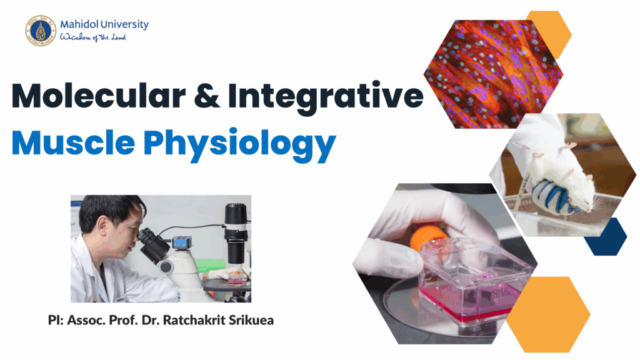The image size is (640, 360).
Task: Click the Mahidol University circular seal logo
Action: click(x=41, y=31)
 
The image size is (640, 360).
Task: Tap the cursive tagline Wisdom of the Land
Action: click(x=93, y=37)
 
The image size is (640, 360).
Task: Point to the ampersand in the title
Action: click(x=207, y=96)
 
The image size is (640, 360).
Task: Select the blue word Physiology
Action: click(x=239, y=145)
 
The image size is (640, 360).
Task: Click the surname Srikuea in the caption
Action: click(x=251, y=320)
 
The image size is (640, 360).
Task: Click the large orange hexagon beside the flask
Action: click(x=548, y=314)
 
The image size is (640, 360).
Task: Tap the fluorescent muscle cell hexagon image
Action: click(x=493, y=74)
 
